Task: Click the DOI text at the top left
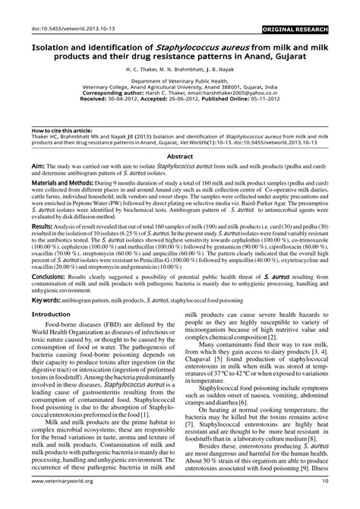coord(43,8)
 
